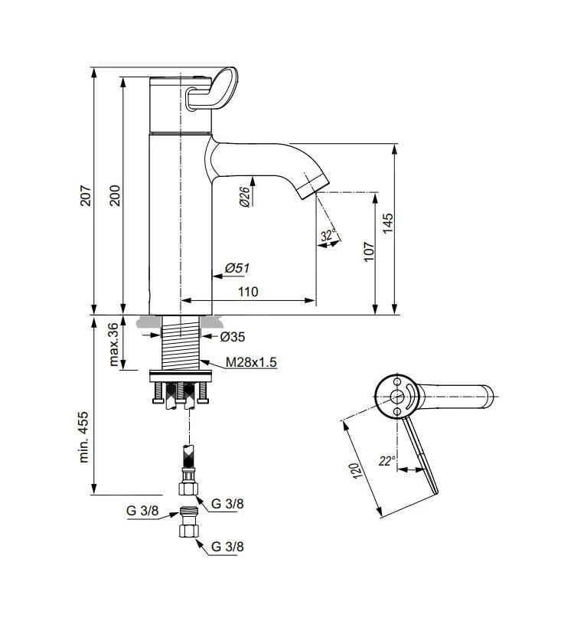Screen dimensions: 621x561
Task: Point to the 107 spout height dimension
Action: click(x=369, y=253)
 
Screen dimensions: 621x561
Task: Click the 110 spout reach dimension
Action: click(x=248, y=291)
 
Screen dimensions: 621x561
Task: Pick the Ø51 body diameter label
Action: click(x=237, y=268)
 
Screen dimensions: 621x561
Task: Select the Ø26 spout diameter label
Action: click(x=244, y=197)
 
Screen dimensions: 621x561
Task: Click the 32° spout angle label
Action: click(x=328, y=236)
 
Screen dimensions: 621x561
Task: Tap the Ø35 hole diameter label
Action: click(x=232, y=335)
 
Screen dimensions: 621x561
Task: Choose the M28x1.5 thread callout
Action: click(x=251, y=362)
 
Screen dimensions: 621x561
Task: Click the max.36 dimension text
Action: click(x=115, y=344)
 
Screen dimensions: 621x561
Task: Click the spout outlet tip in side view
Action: click(x=314, y=187)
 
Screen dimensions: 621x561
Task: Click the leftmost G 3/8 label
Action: click(x=142, y=510)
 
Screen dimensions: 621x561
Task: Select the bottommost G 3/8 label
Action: click(x=228, y=547)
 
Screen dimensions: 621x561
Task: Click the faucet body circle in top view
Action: click(x=396, y=396)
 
